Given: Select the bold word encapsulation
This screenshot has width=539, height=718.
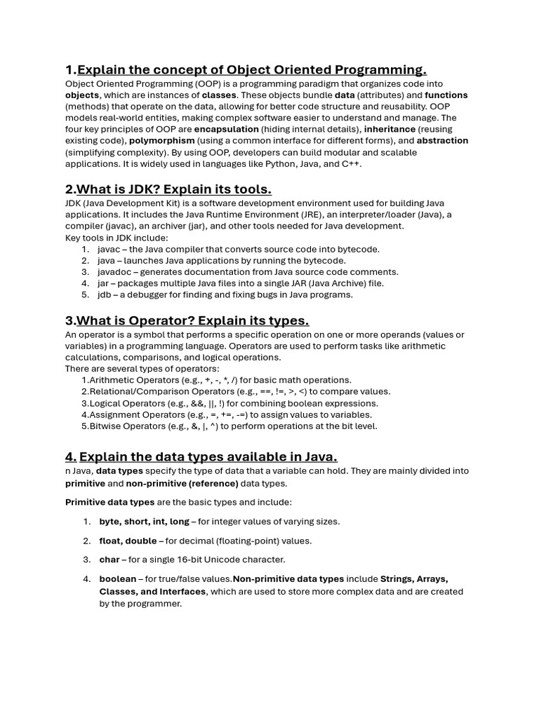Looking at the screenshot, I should (227, 129).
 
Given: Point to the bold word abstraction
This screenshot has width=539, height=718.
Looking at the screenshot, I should (442, 140).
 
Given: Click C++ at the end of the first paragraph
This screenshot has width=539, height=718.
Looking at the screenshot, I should (352, 163).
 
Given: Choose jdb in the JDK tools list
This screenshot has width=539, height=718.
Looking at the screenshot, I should (105, 294).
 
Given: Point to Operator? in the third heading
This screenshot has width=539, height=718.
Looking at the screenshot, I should (164, 320).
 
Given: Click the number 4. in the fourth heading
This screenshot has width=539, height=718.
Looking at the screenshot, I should (71, 457).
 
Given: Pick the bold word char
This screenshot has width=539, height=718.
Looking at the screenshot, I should (109, 560).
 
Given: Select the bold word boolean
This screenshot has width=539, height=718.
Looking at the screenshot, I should (117, 579).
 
